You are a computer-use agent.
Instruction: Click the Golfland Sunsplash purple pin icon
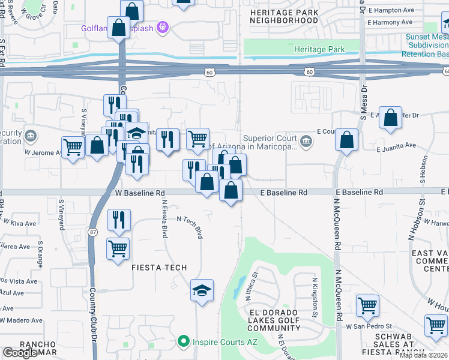coord(161,27)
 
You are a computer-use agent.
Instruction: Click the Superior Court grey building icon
coord(306,142)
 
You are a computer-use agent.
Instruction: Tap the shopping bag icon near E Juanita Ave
coord(347,140)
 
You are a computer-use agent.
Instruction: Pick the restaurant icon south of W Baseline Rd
coord(118,220)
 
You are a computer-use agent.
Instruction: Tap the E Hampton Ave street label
coord(392,10)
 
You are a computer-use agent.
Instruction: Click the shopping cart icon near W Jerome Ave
coord(73,146)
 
